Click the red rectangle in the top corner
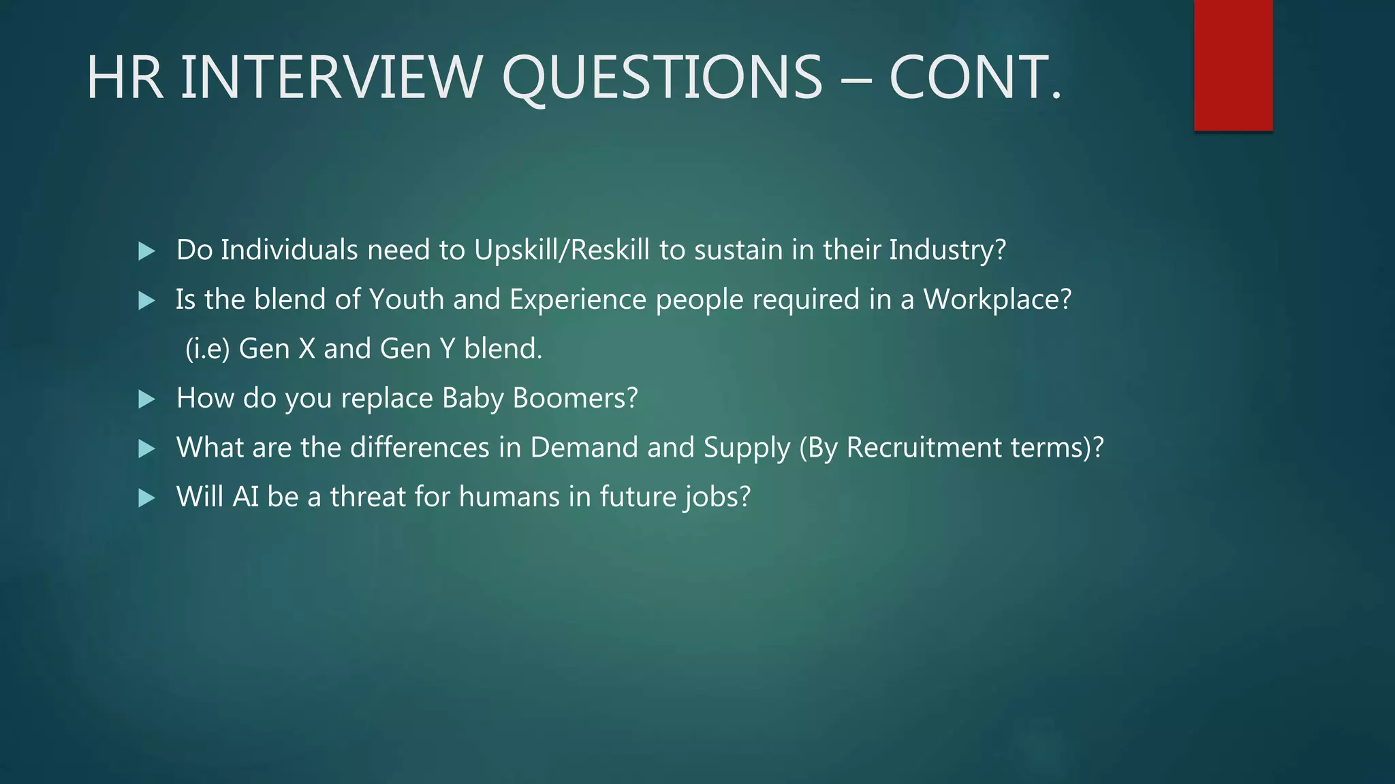point(1233,65)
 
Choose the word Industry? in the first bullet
point(947,250)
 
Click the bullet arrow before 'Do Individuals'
point(146,251)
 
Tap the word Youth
point(407,299)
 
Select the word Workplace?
point(997,299)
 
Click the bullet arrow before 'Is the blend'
point(146,301)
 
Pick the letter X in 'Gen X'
point(307,349)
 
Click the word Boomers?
point(575,398)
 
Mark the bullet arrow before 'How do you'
point(146,399)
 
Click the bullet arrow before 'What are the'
point(146,449)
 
